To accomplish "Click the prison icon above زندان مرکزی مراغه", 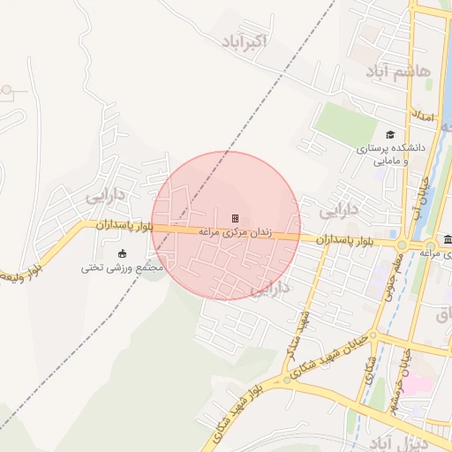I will pos(235,218).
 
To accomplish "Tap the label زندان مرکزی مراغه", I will pos(236,231).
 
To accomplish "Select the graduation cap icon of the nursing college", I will pos(390,135).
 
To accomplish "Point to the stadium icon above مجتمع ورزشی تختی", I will pos(122,254).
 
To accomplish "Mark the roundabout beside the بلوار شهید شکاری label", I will pos(287,380).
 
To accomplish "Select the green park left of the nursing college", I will pos(346,124).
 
